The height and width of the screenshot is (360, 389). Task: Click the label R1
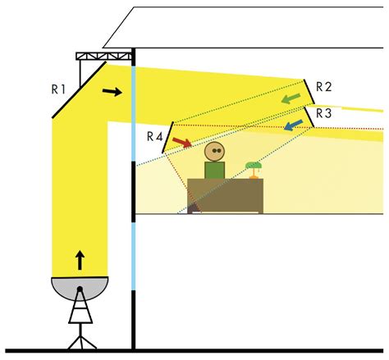(58, 89)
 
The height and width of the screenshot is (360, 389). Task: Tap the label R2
(324, 87)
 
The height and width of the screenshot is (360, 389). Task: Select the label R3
(324, 113)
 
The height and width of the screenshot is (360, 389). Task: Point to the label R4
(155, 136)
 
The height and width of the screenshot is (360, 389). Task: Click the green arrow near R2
(291, 98)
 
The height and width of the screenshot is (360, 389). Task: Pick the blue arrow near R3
(293, 125)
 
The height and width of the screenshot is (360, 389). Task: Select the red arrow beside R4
(182, 143)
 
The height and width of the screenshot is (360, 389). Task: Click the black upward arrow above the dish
(80, 260)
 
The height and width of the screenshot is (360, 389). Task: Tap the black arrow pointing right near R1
(112, 92)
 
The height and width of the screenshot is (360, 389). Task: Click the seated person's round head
(214, 152)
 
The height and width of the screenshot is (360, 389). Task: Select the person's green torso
(215, 170)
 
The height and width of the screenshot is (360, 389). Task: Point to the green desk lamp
(254, 170)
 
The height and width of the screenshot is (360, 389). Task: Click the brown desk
(225, 196)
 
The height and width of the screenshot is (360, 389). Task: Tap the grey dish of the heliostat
(80, 288)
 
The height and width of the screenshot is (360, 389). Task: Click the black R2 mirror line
(309, 92)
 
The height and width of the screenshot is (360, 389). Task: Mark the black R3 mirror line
(309, 117)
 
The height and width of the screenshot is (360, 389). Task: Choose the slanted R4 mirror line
(167, 137)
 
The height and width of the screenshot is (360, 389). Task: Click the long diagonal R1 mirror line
(79, 90)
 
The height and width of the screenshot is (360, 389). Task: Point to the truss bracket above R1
(103, 57)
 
